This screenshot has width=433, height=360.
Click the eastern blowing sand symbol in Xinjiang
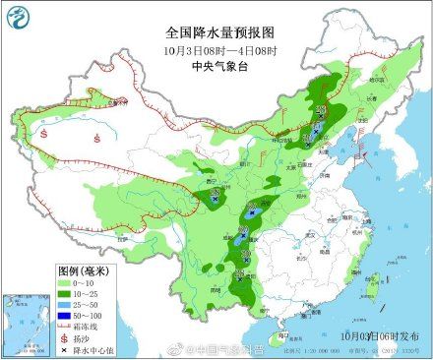pyautogui.click(x=96, y=138)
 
